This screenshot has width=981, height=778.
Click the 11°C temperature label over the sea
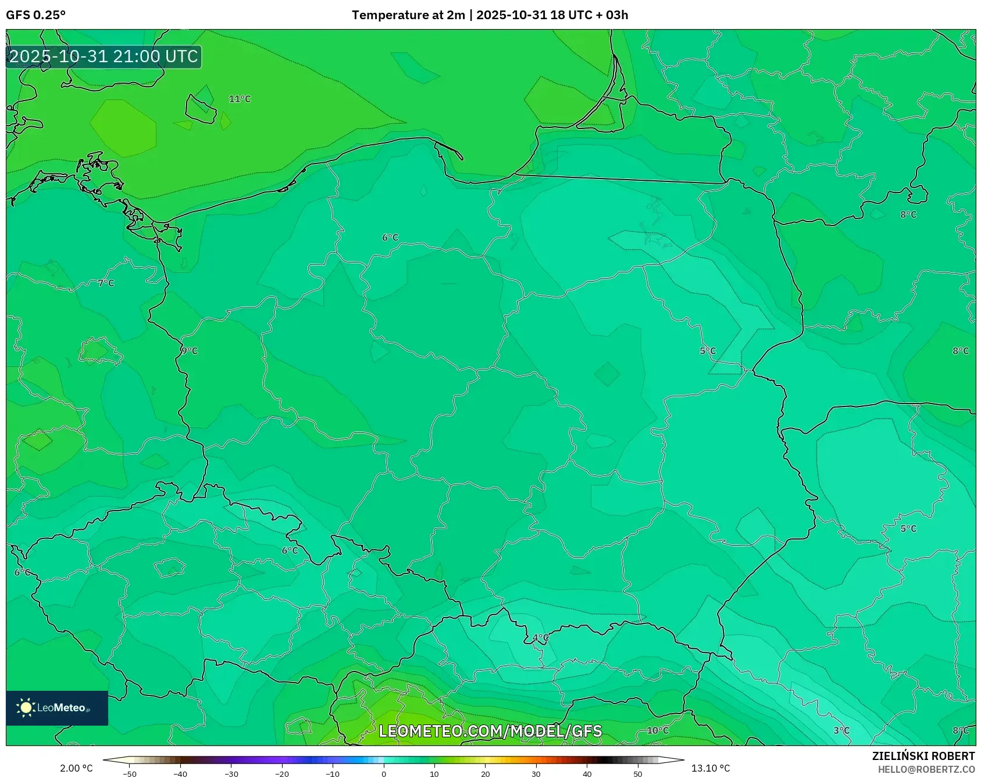pos(240,99)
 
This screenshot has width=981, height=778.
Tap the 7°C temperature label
pos(106,283)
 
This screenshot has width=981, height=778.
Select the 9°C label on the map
pos(190,351)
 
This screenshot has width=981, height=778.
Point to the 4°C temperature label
pos(541,638)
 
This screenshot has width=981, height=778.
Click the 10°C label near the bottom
pos(658,731)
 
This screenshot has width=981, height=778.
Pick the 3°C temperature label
pos(841,731)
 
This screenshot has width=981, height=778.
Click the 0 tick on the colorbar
pos(384,774)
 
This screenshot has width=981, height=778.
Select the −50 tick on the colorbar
pos(130,774)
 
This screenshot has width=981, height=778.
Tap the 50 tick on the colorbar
pos(638,774)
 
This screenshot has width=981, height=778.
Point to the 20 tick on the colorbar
pos(486,774)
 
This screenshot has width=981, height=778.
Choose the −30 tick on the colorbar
pos(231,774)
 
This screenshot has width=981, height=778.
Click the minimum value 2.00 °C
pos(76,769)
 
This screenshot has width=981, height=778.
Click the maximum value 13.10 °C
pos(711,769)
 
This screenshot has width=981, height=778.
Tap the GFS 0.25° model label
pos(36,15)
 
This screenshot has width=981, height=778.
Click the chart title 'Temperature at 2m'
pos(408,15)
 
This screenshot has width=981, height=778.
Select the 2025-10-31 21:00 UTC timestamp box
pos(104,57)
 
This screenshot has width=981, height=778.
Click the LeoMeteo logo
pos(57,708)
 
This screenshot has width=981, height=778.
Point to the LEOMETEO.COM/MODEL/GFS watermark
pos(490,731)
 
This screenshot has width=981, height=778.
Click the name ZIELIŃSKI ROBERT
pos(923,756)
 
